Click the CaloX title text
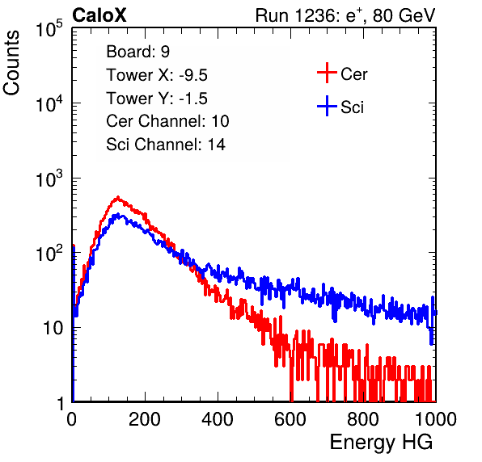click(x=99, y=15)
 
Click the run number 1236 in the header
click(x=315, y=15)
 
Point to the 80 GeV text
click(x=404, y=15)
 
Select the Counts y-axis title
click(x=11, y=63)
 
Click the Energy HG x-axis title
click(x=381, y=442)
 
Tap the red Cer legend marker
click(x=327, y=73)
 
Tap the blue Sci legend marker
click(x=327, y=106)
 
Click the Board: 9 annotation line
click(x=138, y=52)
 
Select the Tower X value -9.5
click(x=193, y=75)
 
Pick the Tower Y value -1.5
click(x=193, y=99)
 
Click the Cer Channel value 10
click(x=220, y=121)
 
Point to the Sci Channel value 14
click(x=217, y=145)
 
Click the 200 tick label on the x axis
click(x=145, y=419)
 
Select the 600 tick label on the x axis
click(x=290, y=419)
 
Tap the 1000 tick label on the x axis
click(x=436, y=419)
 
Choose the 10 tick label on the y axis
click(x=53, y=328)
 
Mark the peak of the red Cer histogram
click(x=118, y=198)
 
